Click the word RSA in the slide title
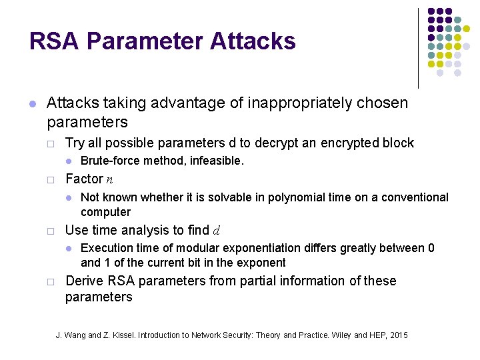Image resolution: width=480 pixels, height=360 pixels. tap(54, 41)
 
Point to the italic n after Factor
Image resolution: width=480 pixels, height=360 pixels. tap(109, 179)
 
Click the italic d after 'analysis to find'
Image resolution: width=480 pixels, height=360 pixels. tap(216, 231)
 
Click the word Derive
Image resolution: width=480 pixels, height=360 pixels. tap(84, 281)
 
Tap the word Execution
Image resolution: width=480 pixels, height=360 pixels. tap(107, 248)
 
